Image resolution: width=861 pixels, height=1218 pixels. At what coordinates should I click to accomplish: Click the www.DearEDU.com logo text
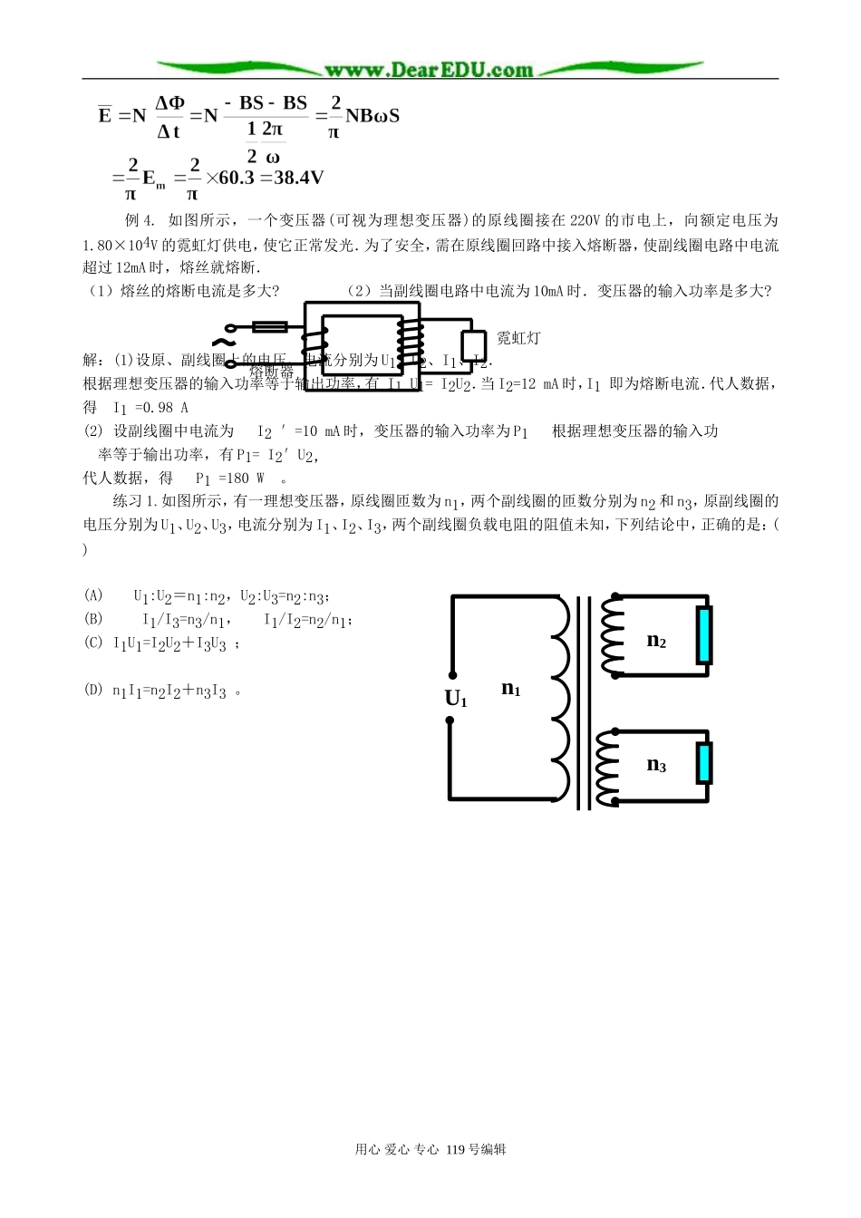click(429, 70)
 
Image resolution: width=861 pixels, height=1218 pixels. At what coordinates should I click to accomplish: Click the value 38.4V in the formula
click(298, 178)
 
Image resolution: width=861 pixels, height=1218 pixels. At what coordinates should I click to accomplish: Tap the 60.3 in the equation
click(237, 178)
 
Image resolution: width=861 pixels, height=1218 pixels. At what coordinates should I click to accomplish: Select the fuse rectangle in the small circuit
click(269, 327)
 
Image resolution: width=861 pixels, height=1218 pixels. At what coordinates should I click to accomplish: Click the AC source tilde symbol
click(220, 343)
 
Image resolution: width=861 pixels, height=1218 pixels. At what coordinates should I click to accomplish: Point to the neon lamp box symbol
click(473, 344)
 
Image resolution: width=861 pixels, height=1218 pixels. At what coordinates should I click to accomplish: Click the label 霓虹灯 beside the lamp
click(518, 338)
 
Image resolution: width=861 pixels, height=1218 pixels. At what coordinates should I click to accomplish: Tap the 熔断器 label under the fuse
click(271, 372)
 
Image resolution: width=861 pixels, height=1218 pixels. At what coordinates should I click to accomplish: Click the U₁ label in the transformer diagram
click(456, 699)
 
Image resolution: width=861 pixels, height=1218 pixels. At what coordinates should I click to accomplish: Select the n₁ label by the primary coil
click(511, 689)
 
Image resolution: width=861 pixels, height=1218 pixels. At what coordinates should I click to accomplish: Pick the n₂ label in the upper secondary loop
click(656, 641)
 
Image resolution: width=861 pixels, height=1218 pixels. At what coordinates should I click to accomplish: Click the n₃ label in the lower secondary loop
click(656, 765)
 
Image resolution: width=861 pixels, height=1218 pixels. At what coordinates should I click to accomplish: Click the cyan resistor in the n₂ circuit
click(704, 634)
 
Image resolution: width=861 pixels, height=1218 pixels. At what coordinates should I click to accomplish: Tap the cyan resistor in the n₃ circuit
click(704, 763)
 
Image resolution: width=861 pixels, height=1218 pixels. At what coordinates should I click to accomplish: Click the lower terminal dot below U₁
click(450, 721)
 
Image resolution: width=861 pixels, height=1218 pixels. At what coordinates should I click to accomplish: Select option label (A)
click(93, 595)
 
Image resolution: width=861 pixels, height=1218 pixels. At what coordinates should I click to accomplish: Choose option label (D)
click(93, 691)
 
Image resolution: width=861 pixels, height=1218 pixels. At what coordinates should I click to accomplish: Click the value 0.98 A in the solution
click(161, 408)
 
